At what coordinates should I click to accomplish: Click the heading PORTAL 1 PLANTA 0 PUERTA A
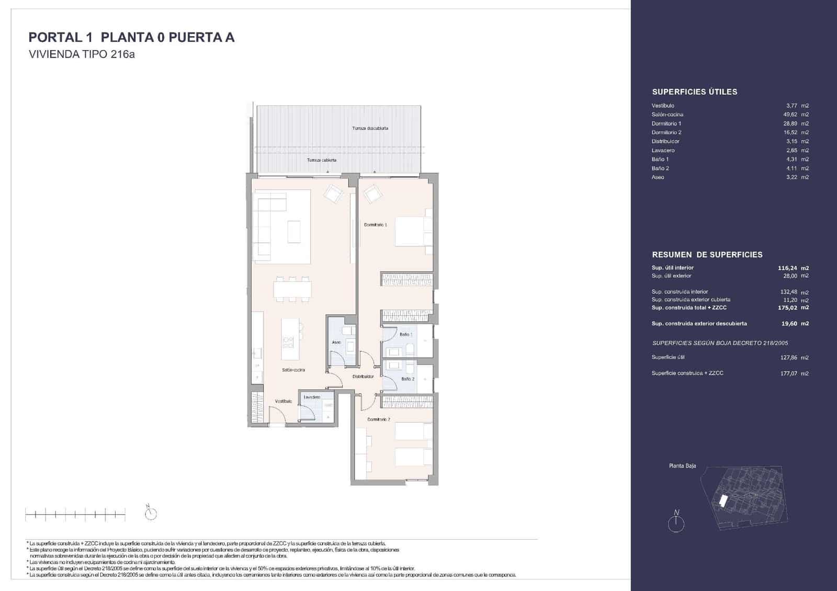[131, 37]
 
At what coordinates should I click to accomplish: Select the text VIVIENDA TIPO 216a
[82, 54]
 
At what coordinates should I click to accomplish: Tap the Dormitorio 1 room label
[375, 225]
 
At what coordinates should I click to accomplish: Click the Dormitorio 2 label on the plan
[378, 419]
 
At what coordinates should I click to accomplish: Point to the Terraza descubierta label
[370, 128]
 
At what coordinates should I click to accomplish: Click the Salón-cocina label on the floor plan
[293, 370]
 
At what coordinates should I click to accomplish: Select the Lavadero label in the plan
[312, 397]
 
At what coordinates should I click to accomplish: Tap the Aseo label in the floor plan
[336, 343]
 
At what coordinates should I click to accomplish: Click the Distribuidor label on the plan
[363, 376]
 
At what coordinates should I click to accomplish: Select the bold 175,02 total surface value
[787, 308]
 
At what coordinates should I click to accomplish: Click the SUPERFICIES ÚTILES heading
[694, 92]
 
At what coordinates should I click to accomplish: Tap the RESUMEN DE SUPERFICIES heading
[707, 255]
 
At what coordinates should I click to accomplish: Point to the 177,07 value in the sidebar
[788, 373]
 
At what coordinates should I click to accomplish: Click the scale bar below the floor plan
[75, 515]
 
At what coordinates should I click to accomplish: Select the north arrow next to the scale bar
[151, 514]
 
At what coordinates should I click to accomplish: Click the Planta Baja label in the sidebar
[682, 466]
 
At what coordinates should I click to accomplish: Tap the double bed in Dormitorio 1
[413, 231]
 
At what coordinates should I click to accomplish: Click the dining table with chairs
[292, 289]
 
